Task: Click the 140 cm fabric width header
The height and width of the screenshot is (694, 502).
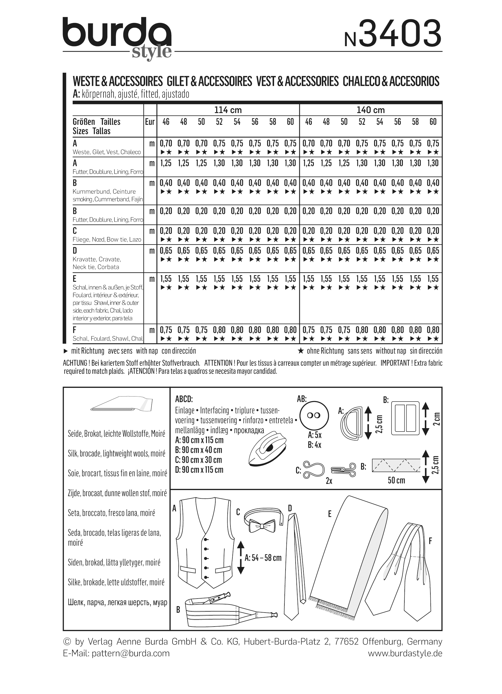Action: (371, 110)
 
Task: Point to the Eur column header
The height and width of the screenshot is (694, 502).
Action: (150, 122)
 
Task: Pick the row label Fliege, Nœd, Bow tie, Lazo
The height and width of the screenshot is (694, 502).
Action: (107, 239)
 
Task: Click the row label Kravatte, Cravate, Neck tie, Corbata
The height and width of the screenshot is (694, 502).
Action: (96, 263)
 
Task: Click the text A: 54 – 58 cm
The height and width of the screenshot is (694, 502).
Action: (263, 557)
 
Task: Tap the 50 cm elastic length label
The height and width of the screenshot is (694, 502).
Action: (396, 480)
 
